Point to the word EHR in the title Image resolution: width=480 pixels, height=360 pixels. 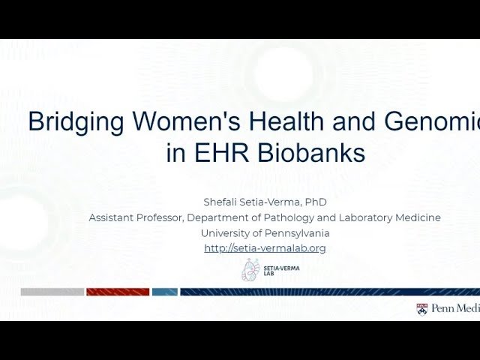tap(223, 153)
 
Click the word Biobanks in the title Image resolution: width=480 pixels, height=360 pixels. tap(311, 153)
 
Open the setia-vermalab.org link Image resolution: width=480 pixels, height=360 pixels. tap(265, 248)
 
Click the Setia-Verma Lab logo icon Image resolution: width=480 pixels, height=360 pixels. tap(250, 270)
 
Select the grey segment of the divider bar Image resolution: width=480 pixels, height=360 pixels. tap(52, 292)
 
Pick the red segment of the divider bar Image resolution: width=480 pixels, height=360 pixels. tap(117, 292)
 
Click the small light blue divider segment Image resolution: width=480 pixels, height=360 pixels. tap(164, 292)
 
